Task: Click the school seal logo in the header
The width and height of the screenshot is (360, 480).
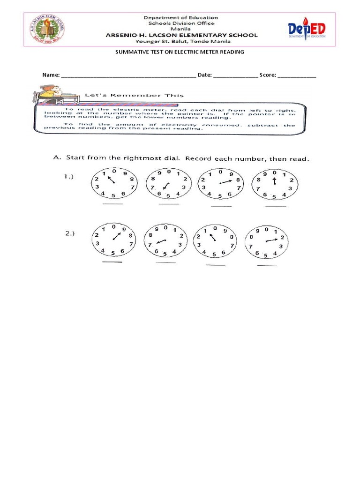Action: click(47, 29)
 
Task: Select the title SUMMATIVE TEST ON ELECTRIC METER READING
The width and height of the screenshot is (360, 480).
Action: click(180, 52)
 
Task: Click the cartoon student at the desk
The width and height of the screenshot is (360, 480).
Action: click(48, 93)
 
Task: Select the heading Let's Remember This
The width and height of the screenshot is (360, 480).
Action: click(134, 95)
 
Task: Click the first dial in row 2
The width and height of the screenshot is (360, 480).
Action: click(113, 240)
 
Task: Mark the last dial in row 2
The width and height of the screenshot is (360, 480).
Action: click(267, 242)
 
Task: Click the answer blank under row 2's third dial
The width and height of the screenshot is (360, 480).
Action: click(216, 265)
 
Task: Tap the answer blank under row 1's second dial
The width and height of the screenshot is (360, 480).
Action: click(169, 204)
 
